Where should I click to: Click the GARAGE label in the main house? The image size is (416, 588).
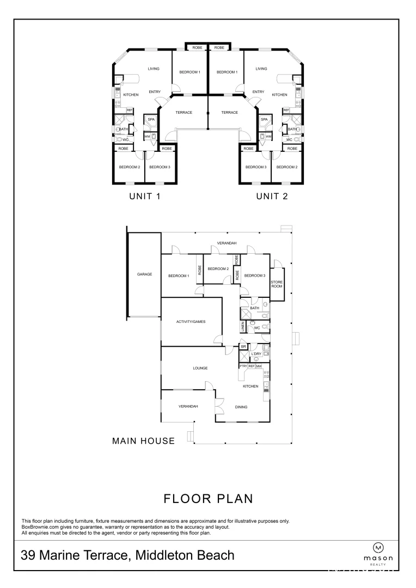(x=144, y=274)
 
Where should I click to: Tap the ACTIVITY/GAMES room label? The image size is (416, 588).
(x=191, y=322)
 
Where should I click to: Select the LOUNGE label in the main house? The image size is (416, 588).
(x=200, y=368)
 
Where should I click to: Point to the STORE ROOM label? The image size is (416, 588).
(x=277, y=284)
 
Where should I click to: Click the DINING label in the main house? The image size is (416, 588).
(x=241, y=407)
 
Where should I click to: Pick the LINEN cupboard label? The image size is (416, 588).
(x=243, y=327)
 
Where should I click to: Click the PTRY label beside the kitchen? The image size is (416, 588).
(x=243, y=366)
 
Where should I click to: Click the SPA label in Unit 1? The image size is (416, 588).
(x=151, y=119)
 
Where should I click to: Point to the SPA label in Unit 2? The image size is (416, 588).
(x=265, y=119)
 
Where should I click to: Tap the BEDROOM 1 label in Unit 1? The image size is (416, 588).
(x=190, y=72)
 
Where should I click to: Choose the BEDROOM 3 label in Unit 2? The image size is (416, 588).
(x=255, y=167)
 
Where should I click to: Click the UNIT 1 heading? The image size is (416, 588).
(x=144, y=196)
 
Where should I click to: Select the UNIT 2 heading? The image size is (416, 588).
(x=272, y=196)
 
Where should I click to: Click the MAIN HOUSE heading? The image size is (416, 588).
(x=143, y=441)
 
